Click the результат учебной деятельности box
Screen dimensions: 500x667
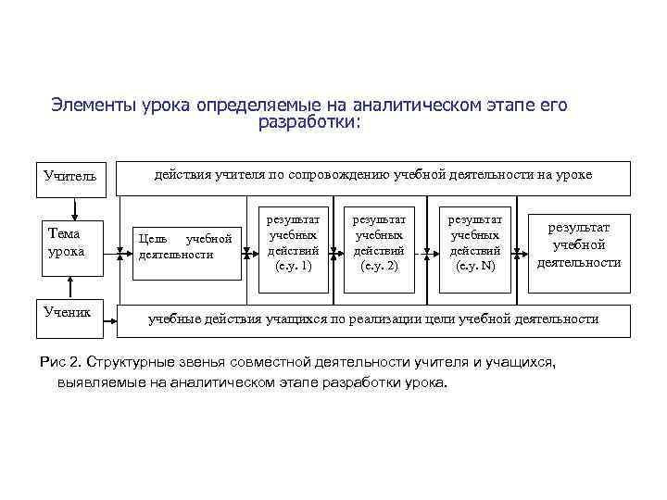579,244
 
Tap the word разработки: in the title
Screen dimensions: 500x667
310,122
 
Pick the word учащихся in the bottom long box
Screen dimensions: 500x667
308,319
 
